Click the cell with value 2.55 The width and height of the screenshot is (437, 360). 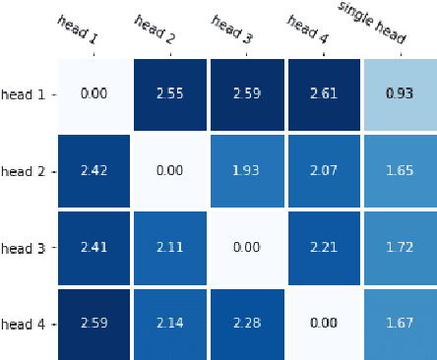point(170,93)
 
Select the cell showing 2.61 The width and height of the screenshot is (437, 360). point(324,93)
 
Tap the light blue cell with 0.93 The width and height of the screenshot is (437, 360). point(399,93)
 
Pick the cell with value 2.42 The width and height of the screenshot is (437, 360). point(94,171)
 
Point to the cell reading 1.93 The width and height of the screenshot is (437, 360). point(247,171)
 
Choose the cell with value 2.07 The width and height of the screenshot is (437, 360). point(324,171)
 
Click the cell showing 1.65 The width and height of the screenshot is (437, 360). point(399,171)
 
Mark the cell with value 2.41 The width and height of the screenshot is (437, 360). point(94,248)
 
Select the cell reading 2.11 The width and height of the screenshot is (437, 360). point(170,248)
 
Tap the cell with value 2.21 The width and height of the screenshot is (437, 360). point(324,248)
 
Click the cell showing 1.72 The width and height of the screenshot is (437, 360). point(399,248)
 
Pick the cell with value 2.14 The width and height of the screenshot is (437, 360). point(170,324)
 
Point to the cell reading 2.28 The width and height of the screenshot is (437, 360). point(247,324)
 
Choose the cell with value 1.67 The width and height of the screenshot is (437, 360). point(399,324)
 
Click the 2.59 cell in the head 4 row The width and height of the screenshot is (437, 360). point(94,324)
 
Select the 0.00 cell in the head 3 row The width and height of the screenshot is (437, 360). point(247,248)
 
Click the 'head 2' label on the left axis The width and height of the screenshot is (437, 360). point(23,171)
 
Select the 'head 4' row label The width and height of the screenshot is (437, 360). point(23,324)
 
